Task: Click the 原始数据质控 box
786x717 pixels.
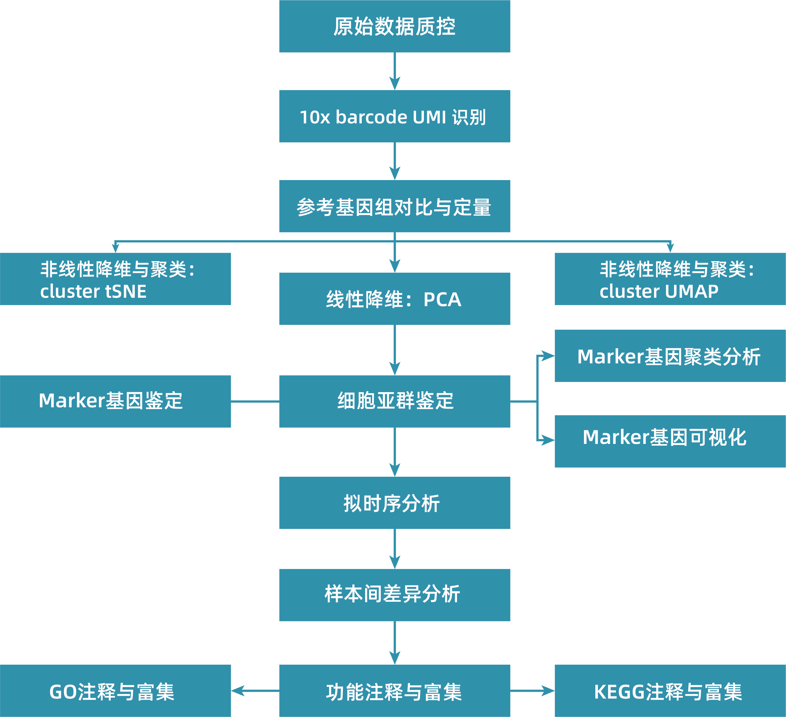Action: click(395, 26)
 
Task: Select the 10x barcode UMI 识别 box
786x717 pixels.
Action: click(395, 116)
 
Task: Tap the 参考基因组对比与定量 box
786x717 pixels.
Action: click(395, 206)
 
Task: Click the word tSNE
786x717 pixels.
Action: click(126, 291)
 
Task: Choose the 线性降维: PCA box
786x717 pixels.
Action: click(395, 299)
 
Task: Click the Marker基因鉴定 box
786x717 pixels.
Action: click(116, 401)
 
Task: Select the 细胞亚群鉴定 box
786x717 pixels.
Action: click(395, 401)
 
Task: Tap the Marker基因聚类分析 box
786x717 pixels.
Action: click(670, 356)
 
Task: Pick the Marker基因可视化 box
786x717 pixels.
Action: click(670, 441)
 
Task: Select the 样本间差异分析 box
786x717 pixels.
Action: click(395, 595)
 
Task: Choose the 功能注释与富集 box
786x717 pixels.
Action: click(395, 691)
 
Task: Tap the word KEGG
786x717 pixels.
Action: click(619, 692)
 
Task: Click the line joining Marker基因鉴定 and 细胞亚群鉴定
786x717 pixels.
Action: click(255, 401)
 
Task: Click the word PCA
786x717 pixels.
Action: click(442, 299)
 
